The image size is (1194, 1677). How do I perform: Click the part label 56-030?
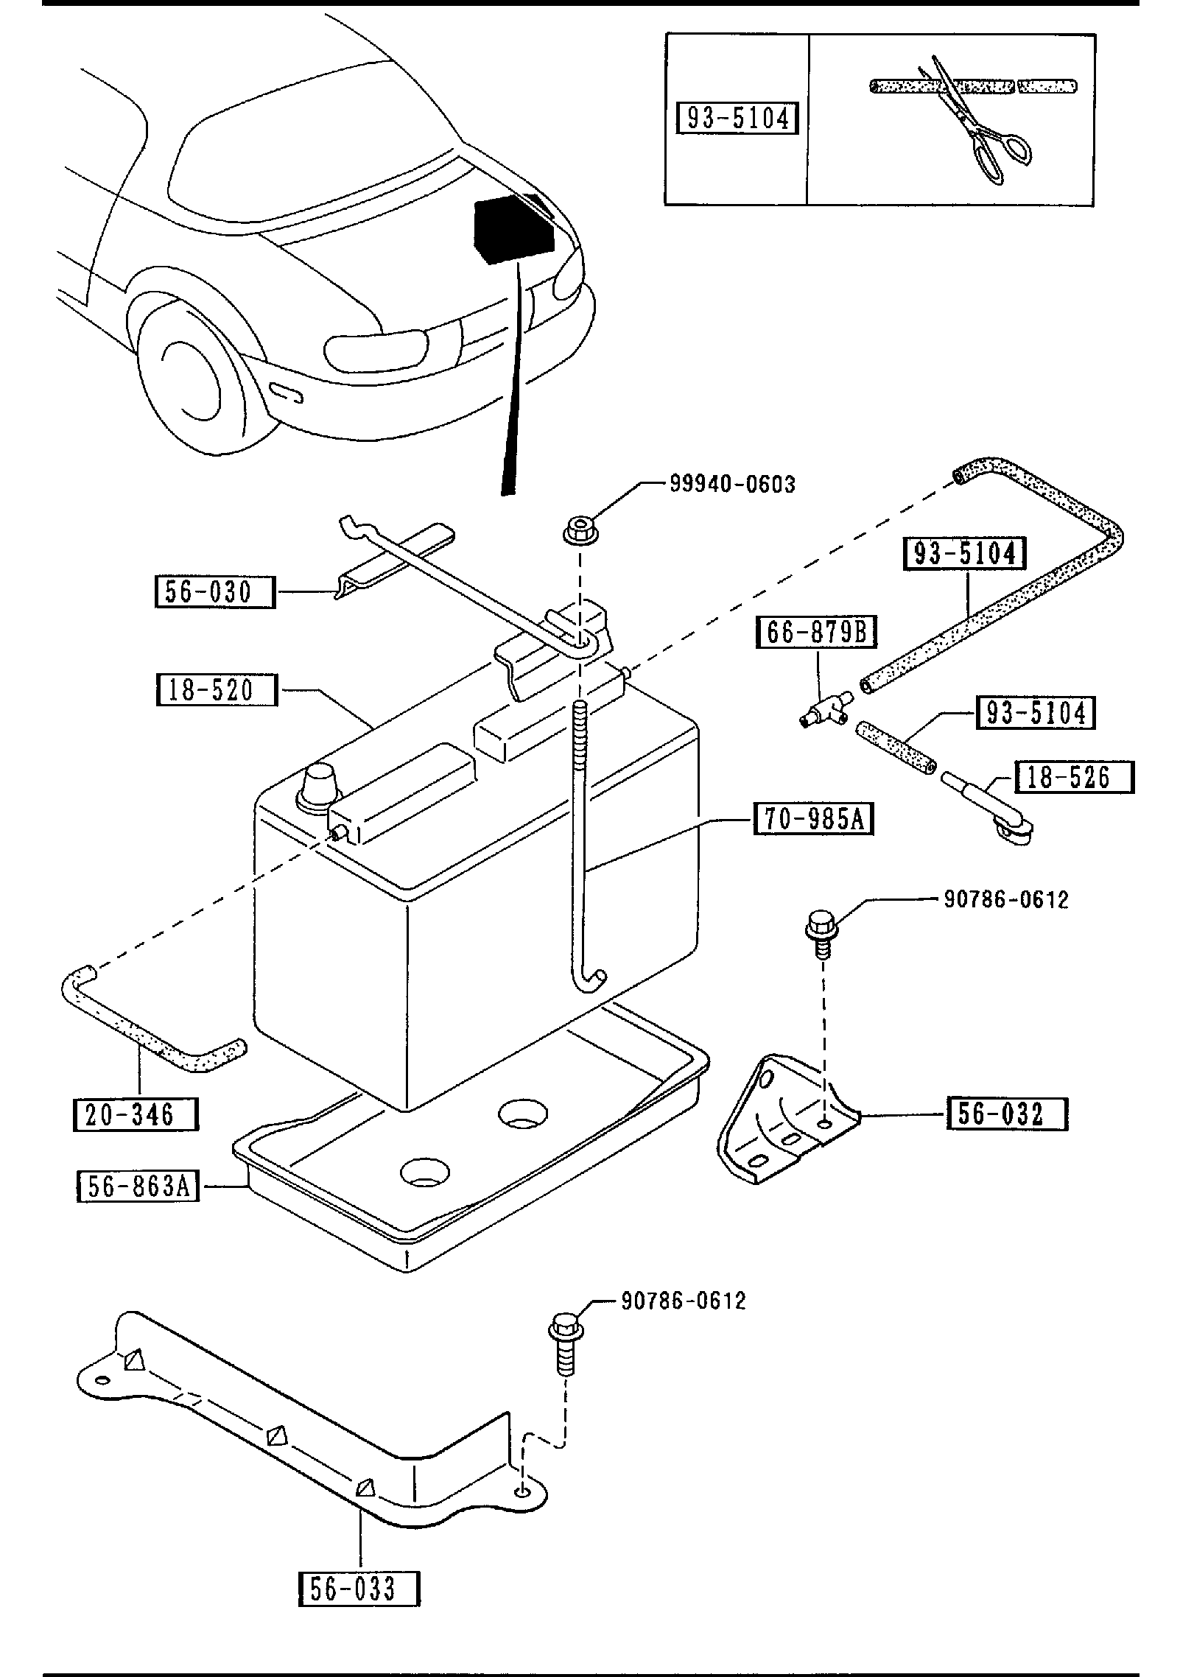pos(214,592)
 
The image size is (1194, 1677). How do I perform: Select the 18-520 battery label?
pos(217,690)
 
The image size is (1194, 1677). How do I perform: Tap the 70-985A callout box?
pos(813,819)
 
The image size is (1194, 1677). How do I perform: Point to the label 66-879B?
pos(817,633)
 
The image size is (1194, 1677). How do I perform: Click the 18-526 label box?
pos(1074,777)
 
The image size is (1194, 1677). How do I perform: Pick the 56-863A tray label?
pos(138,1186)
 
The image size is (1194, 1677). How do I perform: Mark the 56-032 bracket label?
pos(1007,1114)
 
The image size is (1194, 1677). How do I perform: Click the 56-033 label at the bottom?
pos(359,1589)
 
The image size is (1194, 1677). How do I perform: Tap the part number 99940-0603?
pos(732,484)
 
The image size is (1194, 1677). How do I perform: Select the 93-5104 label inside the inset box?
pos(737,119)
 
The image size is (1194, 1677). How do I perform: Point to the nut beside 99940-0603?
pos(580,531)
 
